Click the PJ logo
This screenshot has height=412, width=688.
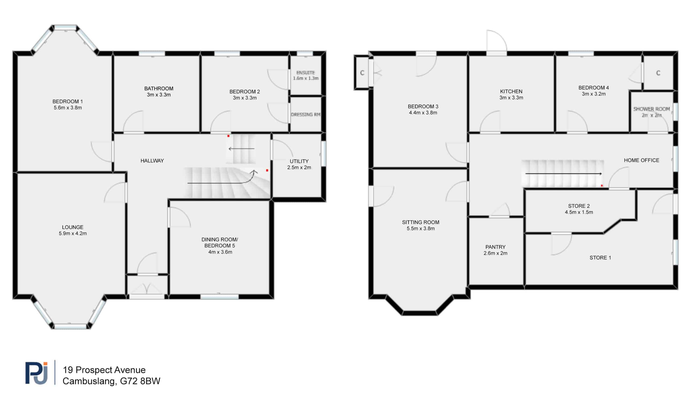(36, 373)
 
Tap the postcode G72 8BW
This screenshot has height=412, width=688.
(140, 381)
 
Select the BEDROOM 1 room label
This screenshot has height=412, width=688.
(67, 102)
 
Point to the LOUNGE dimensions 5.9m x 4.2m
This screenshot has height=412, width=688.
(73, 233)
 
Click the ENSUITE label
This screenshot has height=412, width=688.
(306, 73)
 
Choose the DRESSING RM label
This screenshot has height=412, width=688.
(306, 114)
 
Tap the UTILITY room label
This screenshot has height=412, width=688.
(299, 161)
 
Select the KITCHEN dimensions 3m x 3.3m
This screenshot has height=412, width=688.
(511, 98)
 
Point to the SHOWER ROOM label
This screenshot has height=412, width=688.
(651, 109)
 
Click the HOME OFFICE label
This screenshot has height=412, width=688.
(641, 160)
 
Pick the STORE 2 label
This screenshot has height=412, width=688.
(579, 206)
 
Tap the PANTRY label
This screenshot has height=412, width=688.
(495, 247)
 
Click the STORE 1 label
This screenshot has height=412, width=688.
(600, 258)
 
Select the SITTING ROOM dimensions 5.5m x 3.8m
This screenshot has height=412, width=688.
(421, 229)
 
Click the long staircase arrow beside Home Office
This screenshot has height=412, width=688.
(564, 174)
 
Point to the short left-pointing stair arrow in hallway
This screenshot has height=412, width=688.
(241, 149)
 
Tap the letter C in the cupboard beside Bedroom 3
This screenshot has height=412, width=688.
(362, 73)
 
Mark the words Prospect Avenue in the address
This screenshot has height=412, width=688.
(110, 370)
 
